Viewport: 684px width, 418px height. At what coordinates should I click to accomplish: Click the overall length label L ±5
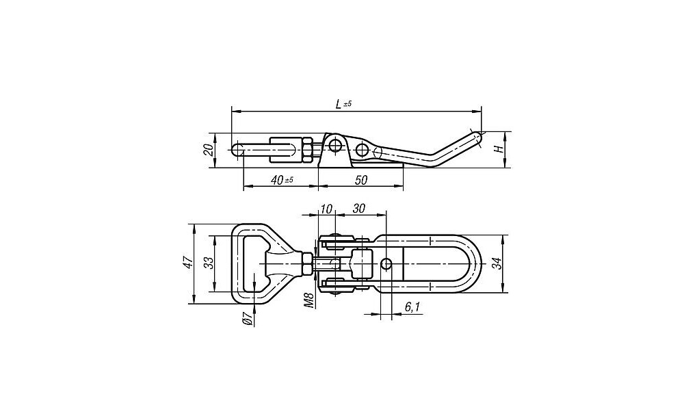click(x=343, y=104)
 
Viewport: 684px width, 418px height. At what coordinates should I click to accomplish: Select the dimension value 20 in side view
click(x=209, y=150)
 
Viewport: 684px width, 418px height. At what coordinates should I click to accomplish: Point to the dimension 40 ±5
click(x=281, y=180)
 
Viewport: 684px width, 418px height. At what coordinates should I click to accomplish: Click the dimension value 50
click(x=361, y=180)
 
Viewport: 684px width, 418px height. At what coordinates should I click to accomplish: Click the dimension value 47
click(x=188, y=263)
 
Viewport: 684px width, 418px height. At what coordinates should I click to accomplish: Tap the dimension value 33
click(x=209, y=263)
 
